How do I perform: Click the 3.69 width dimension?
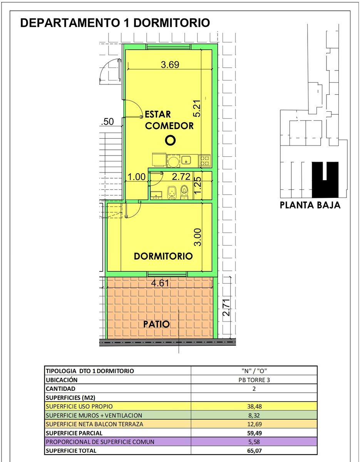[170, 65]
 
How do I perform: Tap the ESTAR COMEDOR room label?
[169, 120]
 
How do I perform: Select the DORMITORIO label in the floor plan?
[163, 256]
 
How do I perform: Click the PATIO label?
[156, 324]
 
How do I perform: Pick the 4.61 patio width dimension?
[160, 283]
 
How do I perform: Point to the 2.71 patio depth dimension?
[227, 308]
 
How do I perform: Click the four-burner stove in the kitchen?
[204, 161]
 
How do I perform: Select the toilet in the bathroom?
[184, 192]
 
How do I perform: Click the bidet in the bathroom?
[171, 192]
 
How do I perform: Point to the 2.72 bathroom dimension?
[181, 177]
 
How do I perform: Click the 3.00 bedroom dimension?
[198, 237]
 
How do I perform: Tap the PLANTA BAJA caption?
[310, 205]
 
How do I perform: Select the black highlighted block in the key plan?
[325, 180]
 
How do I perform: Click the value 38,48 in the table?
[255, 407]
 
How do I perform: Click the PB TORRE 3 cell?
[254, 380]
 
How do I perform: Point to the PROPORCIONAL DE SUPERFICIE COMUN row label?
[100, 442]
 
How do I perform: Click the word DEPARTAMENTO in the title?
[70, 23]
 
